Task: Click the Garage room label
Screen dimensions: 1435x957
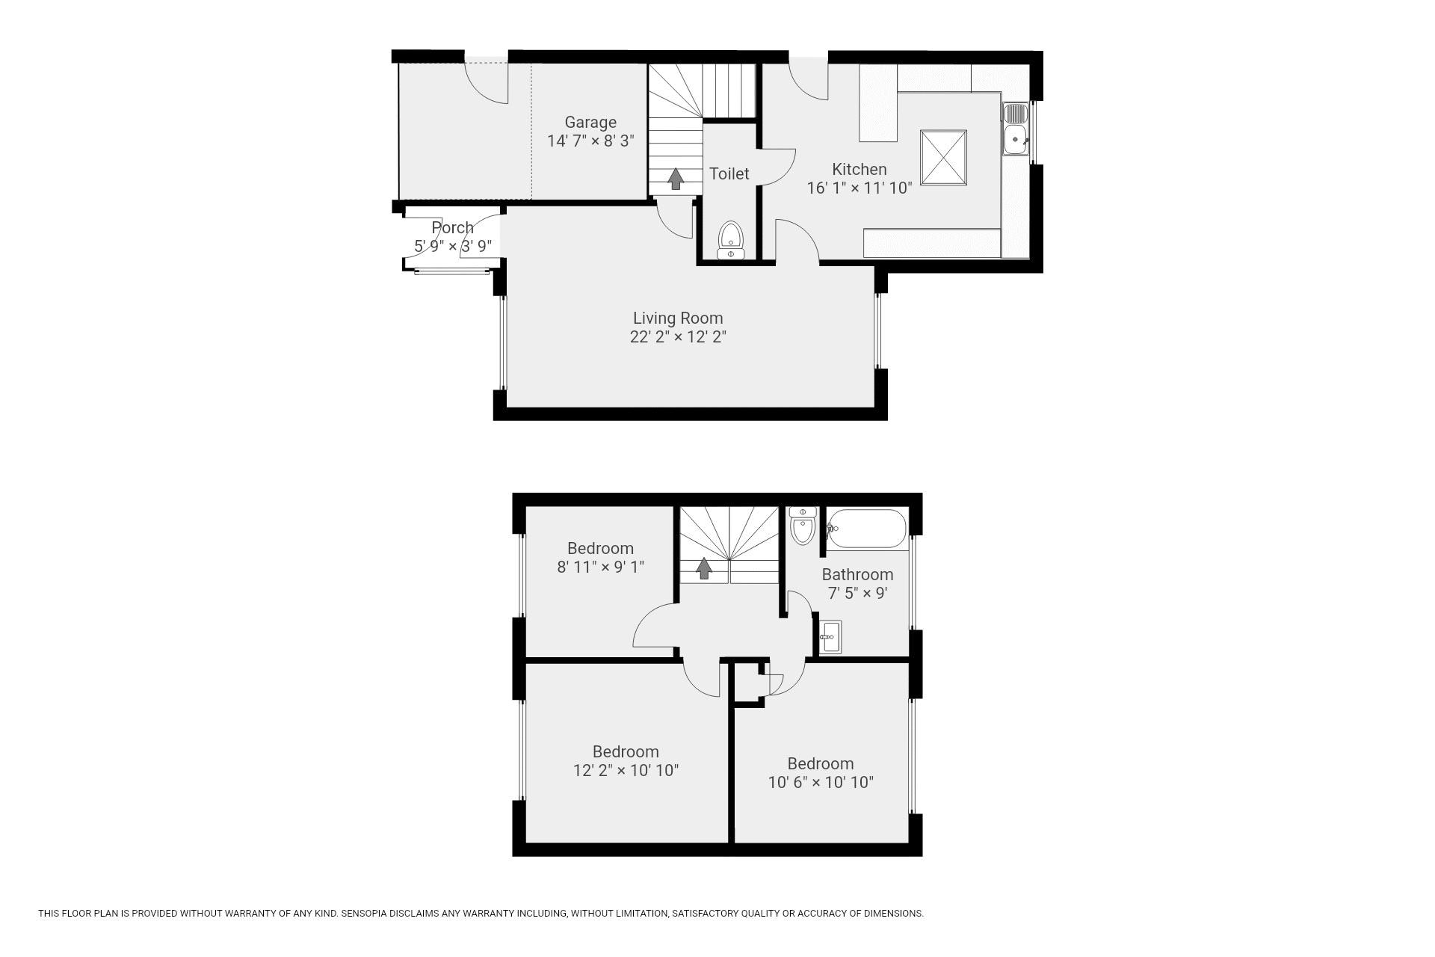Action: pyautogui.click(x=590, y=122)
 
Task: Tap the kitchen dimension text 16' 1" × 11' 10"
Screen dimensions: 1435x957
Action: pyautogui.click(x=860, y=188)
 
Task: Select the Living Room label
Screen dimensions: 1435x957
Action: pyautogui.click(x=678, y=319)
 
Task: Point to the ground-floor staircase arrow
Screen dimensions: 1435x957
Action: pyautogui.click(x=676, y=178)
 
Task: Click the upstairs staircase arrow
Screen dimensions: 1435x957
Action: pyautogui.click(x=703, y=568)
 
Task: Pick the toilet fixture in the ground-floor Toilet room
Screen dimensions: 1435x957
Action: pyautogui.click(x=730, y=241)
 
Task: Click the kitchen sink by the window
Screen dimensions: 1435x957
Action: pyautogui.click(x=1016, y=129)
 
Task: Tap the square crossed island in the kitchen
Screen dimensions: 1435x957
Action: pyautogui.click(x=943, y=157)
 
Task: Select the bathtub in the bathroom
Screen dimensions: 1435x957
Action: pyautogui.click(x=867, y=529)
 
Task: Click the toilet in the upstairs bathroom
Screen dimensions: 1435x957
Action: pyautogui.click(x=803, y=526)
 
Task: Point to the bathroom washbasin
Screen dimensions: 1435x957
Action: pyautogui.click(x=830, y=637)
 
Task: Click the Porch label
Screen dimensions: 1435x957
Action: pyautogui.click(x=452, y=227)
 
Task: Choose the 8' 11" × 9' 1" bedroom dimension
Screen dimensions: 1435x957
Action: pyautogui.click(x=600, y=567)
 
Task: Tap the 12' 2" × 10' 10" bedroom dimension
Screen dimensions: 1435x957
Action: pyautogui.click(x=626, y=770)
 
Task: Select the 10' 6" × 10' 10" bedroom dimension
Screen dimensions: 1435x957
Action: pyautogui.click(x=821, y=782)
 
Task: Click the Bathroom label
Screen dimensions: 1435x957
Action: pyautogui.click(x=857, y=574)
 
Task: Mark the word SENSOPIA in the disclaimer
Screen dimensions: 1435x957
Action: pyautogui.click(x=366, y=913)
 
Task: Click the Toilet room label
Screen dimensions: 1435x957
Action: pyautogui.click(x=729, y=173)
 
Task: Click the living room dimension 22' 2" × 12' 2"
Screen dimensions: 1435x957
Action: pyautogui.click(x=678, y=336)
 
